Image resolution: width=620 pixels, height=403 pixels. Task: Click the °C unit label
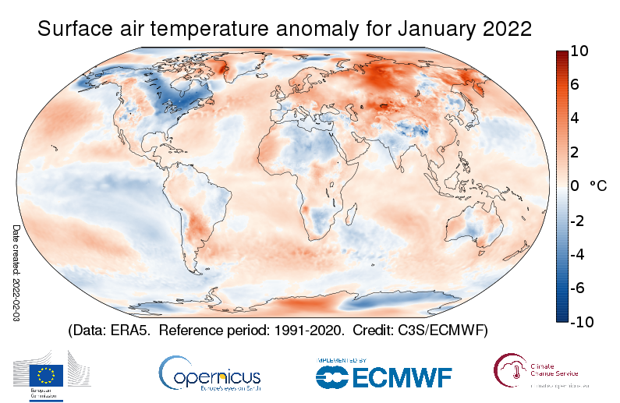(598, 187)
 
